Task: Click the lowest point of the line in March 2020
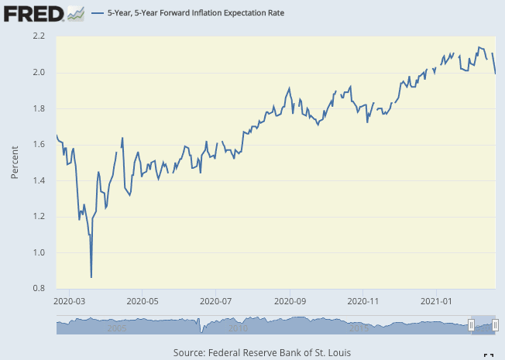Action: (x=91, y=276)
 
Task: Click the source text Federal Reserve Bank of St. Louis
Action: (x=262, y=352)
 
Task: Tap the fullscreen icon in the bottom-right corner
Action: (x=488, y=355)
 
